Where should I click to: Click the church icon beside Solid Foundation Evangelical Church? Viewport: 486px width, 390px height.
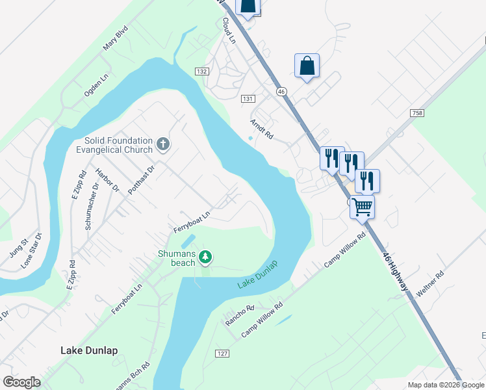(163, 143)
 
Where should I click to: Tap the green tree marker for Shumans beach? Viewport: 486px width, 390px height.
(205, 258)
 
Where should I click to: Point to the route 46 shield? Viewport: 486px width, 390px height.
(281, 92)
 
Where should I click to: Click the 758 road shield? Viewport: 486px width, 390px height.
(417, 113)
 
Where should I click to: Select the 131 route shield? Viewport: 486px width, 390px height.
(247, 98)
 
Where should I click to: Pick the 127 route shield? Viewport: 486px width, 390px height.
(223, 353)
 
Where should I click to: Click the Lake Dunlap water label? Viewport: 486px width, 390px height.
(257, 275)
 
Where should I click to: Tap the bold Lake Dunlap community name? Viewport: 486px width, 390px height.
(89, 350)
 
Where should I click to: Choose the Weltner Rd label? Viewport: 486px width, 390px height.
(429, 285)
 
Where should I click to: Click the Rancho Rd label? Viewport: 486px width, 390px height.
(238, 315)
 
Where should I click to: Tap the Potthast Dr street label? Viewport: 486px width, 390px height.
(141, 181)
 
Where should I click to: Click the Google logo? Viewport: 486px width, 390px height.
(21, 382)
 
